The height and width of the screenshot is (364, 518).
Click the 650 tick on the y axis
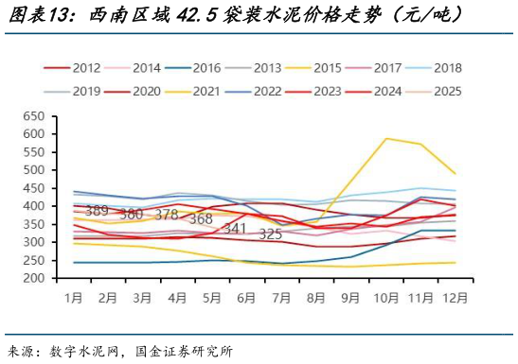click(33, 116)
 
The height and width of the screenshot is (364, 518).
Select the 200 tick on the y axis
click(33, 279)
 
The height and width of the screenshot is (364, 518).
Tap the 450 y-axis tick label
click(33, 188)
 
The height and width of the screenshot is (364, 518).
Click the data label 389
click(97, 211)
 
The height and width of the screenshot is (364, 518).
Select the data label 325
click(271, 234)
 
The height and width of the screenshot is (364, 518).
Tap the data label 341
click(235, 229)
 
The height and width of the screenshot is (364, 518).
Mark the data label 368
click(200, 219)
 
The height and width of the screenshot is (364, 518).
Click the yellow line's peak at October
click(386, 139)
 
